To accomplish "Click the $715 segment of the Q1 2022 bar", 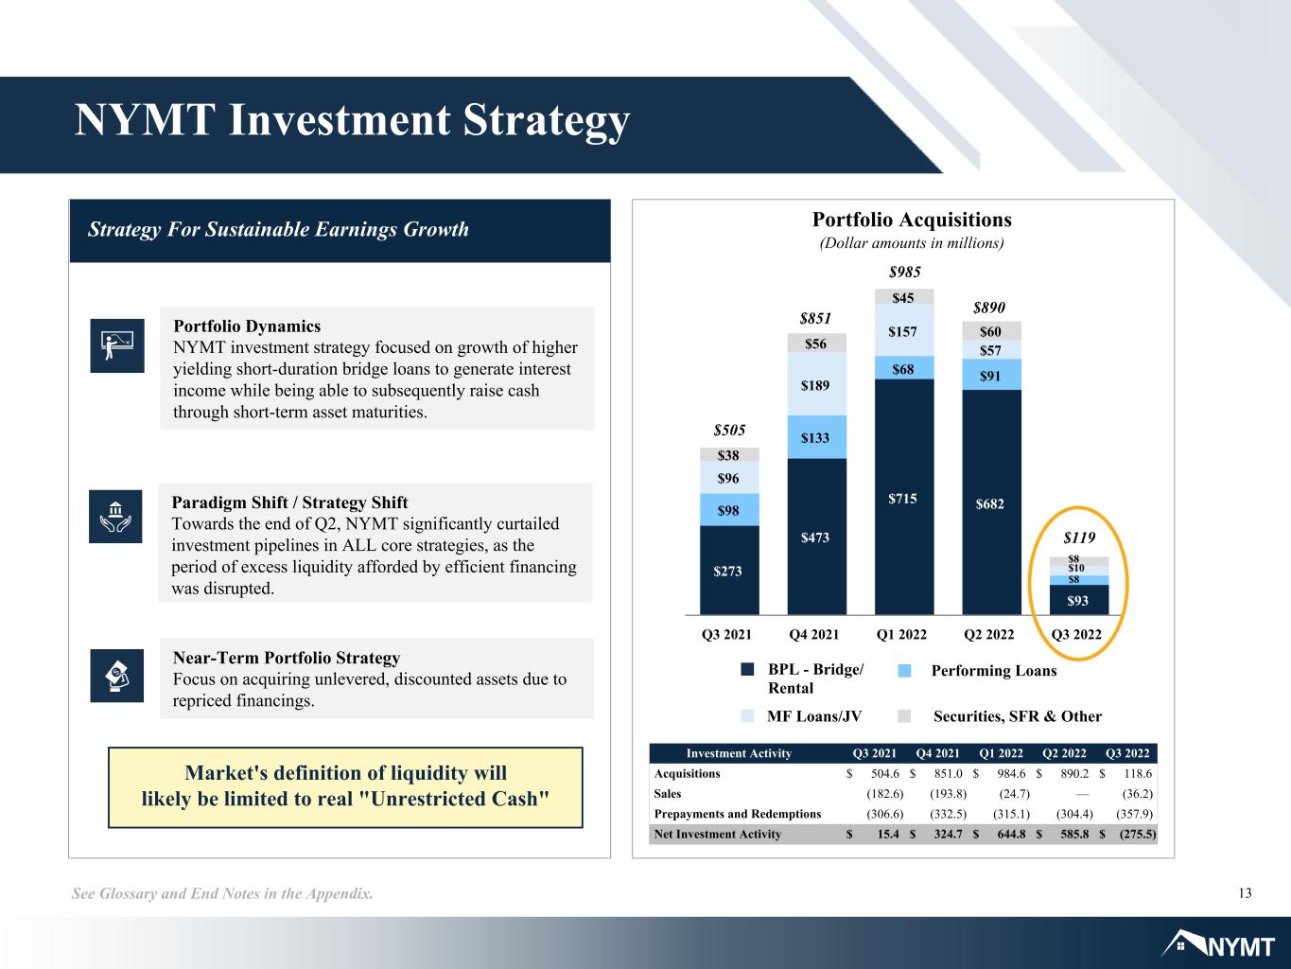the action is tap(904, 497).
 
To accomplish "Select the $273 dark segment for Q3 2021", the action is tap(729, 570).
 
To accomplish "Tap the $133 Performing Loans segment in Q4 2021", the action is tap(817, 437).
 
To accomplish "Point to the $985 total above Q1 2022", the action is tap(904, 272).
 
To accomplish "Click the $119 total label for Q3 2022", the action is tap(1079, 537).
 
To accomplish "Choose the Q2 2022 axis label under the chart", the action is tap(988, 634).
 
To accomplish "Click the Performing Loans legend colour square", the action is tap(904, 671).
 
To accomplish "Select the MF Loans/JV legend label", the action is tap(814, 716).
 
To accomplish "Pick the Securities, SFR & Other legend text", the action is tap(1018, 716).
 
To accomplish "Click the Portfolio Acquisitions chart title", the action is tap(912, 220).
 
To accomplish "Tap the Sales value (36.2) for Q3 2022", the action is tap(1138, 794).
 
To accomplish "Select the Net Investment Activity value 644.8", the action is tap(1011, 834).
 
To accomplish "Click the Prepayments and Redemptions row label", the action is tap(737, 814).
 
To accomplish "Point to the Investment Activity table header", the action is tap(739, 753).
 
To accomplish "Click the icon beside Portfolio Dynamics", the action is tap(117, 345).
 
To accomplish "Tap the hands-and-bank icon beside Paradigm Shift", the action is tap(115, 516).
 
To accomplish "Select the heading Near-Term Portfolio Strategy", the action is tap(287, 657).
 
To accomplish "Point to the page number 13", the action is tap(1245, 893).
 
